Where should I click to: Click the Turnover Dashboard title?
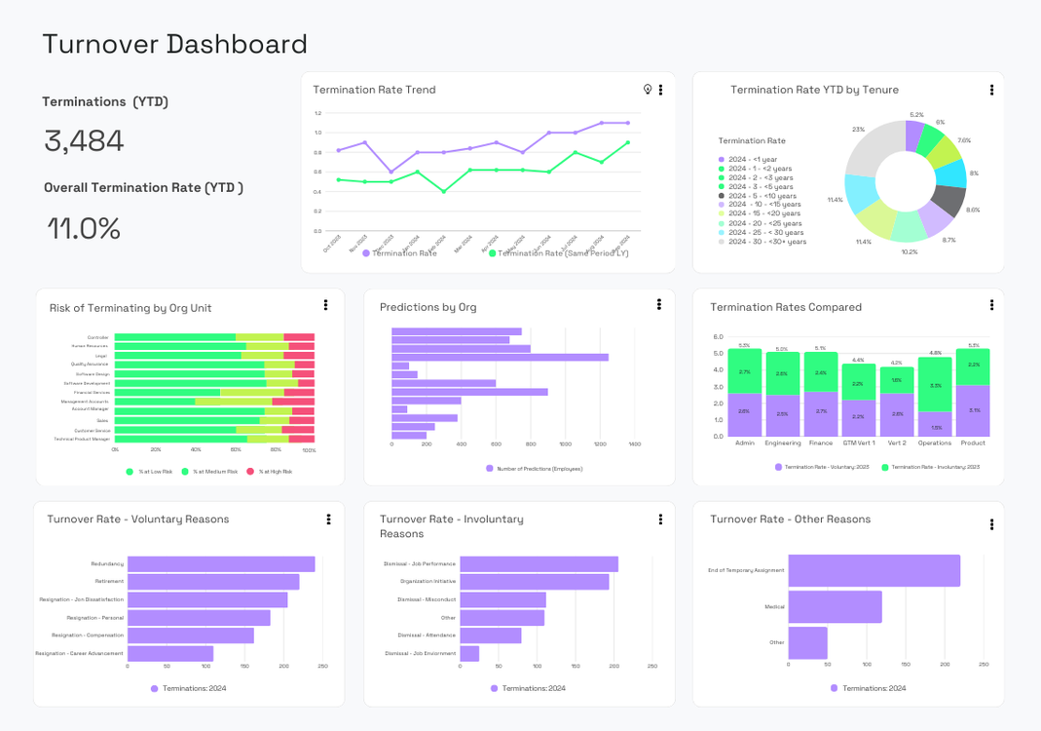pyautogui.click(x=174, y=44)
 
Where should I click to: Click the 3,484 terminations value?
pyautogui.click(x=84, y=141)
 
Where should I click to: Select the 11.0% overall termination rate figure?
pyautogui.click(x=84, y=229)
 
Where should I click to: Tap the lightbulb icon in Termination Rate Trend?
pyautogui.click(x=648, y=90)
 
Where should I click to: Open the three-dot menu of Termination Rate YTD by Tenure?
pyautogui.click(x=991, y=90)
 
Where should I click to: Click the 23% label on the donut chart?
pyautogui.click(x=858, y=129)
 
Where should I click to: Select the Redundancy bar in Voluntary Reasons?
pyautogui.click(x=220, y=564)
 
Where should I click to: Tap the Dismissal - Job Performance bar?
pyautogui.click(x=539, y=564)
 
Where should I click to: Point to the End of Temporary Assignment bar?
pyautogui.click(x=874, y=571)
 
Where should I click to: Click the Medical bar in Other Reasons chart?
pyautogui.click(x=835, y=606)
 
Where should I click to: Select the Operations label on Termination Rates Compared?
pyautogui.click(x=935, y=442)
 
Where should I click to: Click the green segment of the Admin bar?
pyautogui.click(x=745, y=371)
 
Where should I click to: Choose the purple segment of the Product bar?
pyautogui.click(x=973, y=410)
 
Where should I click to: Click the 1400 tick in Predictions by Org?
pyautogui.click(x=634, y=444)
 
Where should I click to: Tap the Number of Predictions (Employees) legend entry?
pyautogui.click(x=534, y=469)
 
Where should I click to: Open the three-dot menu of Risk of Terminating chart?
pyautogui.click(x=325, y=305)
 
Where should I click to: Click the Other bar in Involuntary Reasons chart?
pyautogui.click(x=502, y=618)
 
